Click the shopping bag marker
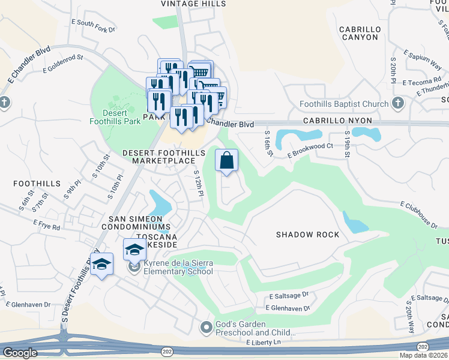(227, 161)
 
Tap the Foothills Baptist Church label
(344, 104)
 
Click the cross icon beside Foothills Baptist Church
(397, 103)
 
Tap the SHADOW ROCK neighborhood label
(307, 235)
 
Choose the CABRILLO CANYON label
(359, 33)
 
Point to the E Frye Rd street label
(47, 228)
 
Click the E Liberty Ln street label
(263, 342)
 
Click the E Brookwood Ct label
(310, 150)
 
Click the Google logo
(20, 353)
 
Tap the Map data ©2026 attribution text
(423, 355)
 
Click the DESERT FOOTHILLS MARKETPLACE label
(159, 157)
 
